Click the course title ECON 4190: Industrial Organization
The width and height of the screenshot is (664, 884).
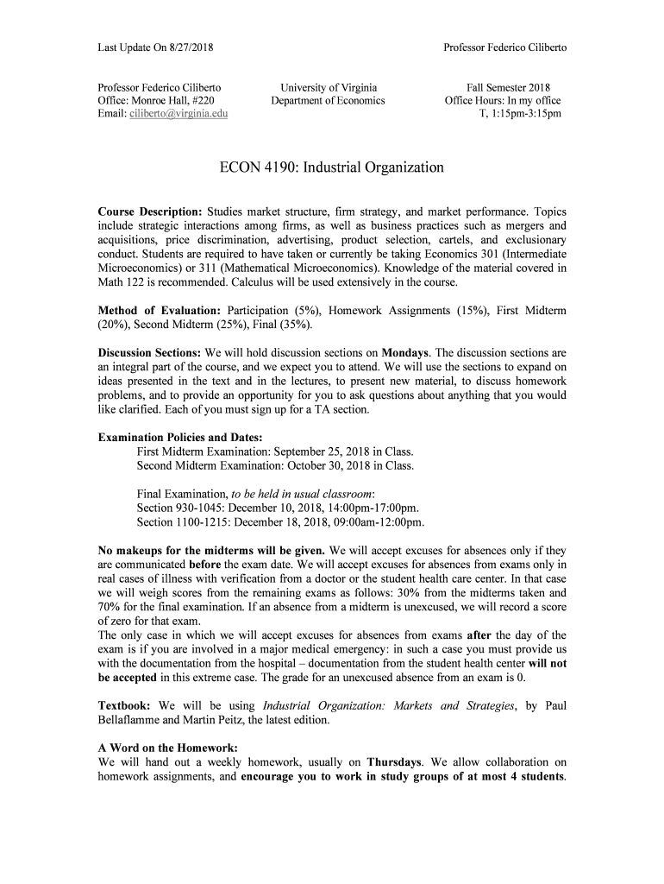click(332, 167)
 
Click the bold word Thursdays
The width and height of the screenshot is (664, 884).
click(395, 762)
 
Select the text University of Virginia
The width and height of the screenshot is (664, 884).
click(329, 87)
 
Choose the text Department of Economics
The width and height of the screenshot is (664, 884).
click(329, 101)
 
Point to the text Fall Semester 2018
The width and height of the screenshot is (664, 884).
click(508, 87)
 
